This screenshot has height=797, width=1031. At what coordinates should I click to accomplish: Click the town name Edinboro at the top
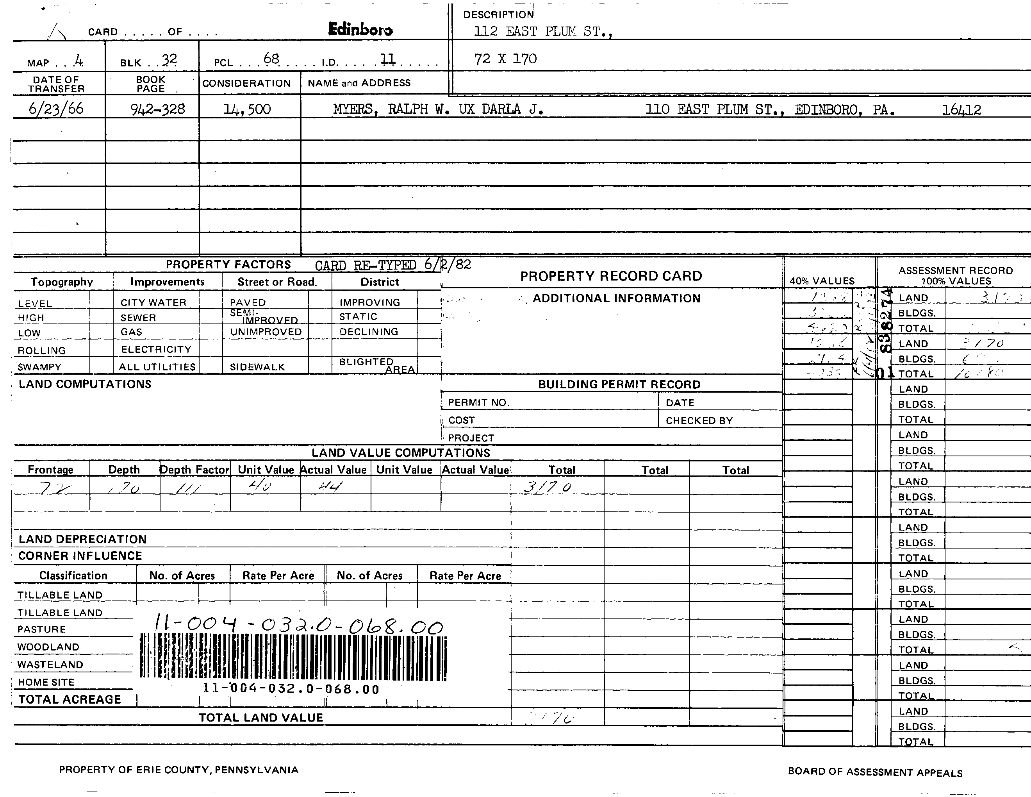click(360, 29)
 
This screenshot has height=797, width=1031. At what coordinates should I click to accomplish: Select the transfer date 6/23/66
click(56, 109)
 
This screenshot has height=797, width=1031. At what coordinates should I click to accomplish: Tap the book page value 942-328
click(158, 109)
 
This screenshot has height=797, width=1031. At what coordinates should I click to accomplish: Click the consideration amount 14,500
click(247, 109)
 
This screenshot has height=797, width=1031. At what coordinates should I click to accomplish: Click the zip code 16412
click(961, 110)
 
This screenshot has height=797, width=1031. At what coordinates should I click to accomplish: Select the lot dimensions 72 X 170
click(505, 59)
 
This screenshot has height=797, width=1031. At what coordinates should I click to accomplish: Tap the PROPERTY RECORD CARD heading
click(611, 276)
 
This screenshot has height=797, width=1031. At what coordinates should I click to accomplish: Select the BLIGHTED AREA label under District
click(376, 365)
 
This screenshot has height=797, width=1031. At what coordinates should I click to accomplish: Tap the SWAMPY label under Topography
click(40, 367)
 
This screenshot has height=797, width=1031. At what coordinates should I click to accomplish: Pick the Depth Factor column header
click(194, 470)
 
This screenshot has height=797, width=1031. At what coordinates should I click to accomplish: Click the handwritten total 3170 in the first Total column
click(548, 487)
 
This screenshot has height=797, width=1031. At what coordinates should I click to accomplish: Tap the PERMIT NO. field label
click(478, 403)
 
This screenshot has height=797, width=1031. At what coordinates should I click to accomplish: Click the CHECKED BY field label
click(699, 421)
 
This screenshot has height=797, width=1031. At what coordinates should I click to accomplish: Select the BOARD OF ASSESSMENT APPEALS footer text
click(875, 772)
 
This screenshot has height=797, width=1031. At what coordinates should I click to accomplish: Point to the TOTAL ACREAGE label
click(70, 699)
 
